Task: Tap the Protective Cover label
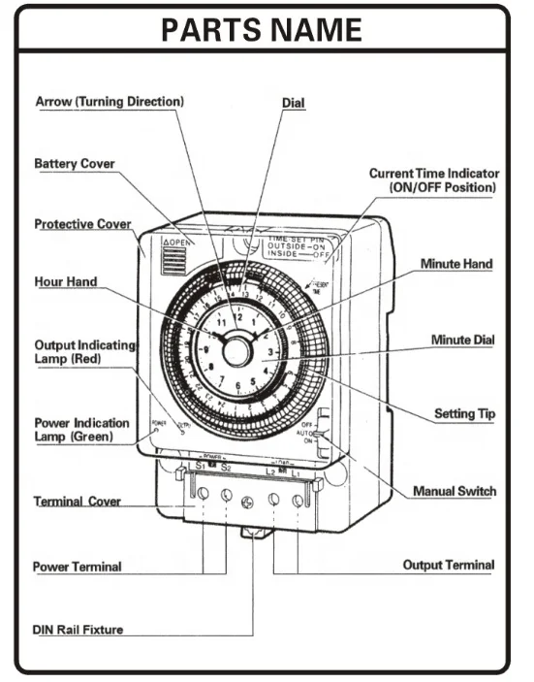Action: pyautogui.click(x=82, y=224)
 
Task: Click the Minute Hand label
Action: pyautogui.click(x=456, y=264)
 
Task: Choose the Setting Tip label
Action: pyautogui.click(x=465, y=413)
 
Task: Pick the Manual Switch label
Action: pyautogui.click(x=454, y=491)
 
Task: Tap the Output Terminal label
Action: pyautogui.click(x=448, y=565)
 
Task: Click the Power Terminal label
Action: pyautogui.click(x=77, y=567)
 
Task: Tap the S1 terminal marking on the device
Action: pyautogui.click(x=200, y=467)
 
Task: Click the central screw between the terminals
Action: pyautogui.click(x=249, y=503)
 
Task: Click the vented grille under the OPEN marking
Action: pyautogui.click(x=176, y=263)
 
